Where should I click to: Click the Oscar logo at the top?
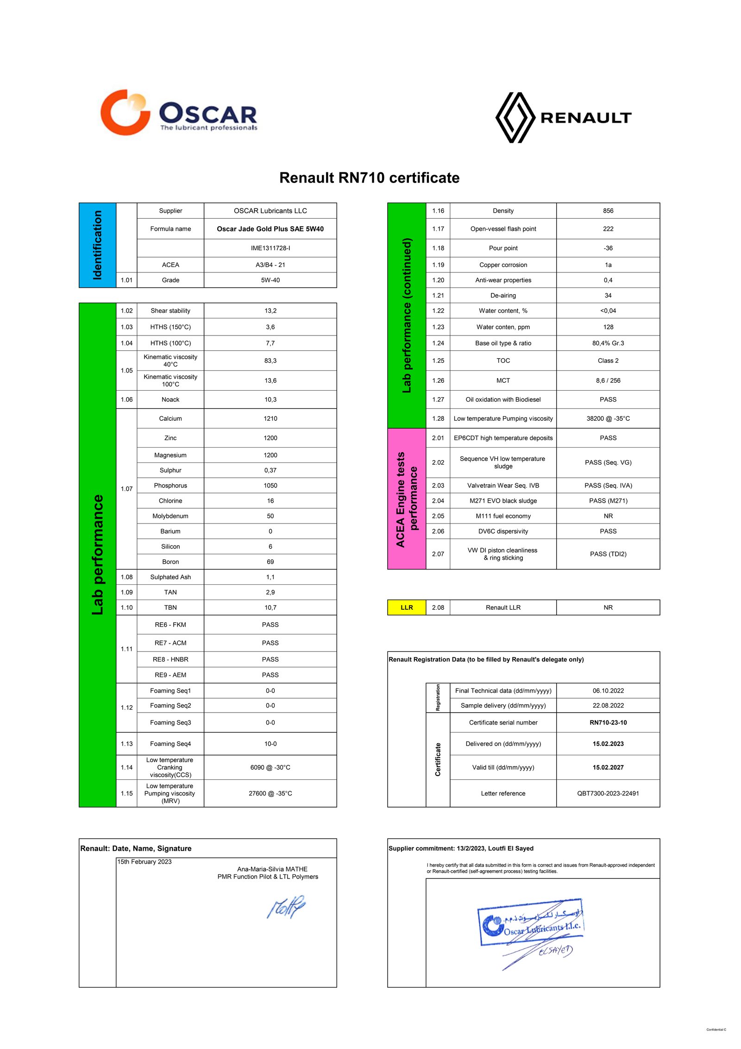tap(178, 113)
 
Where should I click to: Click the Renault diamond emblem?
tap(515, 117)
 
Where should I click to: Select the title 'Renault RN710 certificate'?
tap(369, 178)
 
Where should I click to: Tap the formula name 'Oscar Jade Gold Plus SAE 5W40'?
tap(270, 229)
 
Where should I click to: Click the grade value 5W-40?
tap(270, 280)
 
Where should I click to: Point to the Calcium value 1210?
tap(270, 418)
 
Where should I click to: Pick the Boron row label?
tap(170, 562)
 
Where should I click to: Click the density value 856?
tap(608, 211)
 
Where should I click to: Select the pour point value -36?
tap(608, 248)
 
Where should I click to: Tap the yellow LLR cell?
tap(406, 607)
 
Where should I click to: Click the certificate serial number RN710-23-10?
tap(608, 722)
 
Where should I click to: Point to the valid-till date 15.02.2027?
tap(608, 767)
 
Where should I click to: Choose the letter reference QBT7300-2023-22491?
tap(608, 793)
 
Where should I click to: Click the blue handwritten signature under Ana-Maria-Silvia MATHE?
tap(286, 907)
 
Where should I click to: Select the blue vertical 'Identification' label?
tap(97, 245)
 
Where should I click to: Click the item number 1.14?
tap(126, 767)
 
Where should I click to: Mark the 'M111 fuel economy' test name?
tap(503, 516)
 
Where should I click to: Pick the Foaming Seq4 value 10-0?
tap(270, 744)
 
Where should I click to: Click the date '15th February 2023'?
tap(144, 862)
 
